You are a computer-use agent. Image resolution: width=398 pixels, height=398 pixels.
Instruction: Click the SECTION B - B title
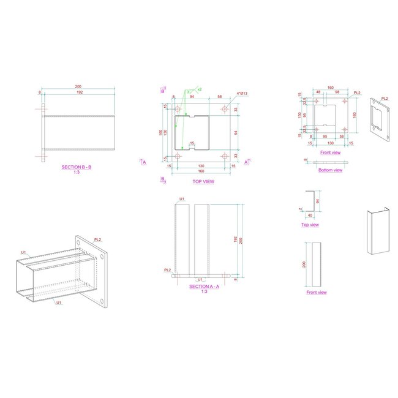tap(77, 167)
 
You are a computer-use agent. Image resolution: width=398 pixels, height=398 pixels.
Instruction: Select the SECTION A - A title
tap(199, 286)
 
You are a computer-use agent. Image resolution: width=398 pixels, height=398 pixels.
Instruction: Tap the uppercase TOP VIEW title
tap(203, 181)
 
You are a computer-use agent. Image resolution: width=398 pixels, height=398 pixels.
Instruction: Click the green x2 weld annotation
tap(200, 89)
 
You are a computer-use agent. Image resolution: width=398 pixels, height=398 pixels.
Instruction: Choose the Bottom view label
tap(331, 170)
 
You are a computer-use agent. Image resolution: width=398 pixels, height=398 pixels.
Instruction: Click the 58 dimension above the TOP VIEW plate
tap(219, 97)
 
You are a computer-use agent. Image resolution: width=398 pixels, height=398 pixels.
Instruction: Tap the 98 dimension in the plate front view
tap(337, 92)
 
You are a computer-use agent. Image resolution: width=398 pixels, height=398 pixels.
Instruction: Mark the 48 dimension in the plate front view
tap(318, 92)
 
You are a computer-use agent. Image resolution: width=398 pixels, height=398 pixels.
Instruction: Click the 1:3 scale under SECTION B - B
tap(77, 172)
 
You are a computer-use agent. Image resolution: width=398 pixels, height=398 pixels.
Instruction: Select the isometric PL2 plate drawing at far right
tap(380, 119)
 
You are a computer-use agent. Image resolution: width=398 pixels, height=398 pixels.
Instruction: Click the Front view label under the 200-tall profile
tap(316, 293)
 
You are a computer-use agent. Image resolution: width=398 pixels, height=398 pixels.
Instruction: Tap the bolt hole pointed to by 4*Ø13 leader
tap(225, 109)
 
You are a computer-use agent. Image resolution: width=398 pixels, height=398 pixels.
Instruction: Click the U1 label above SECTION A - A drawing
tap(182, 200)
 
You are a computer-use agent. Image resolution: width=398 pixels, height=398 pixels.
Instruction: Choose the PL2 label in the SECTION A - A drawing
tap(167, 269)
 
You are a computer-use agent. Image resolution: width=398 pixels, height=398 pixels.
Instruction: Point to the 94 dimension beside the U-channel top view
tap(317, 201)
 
